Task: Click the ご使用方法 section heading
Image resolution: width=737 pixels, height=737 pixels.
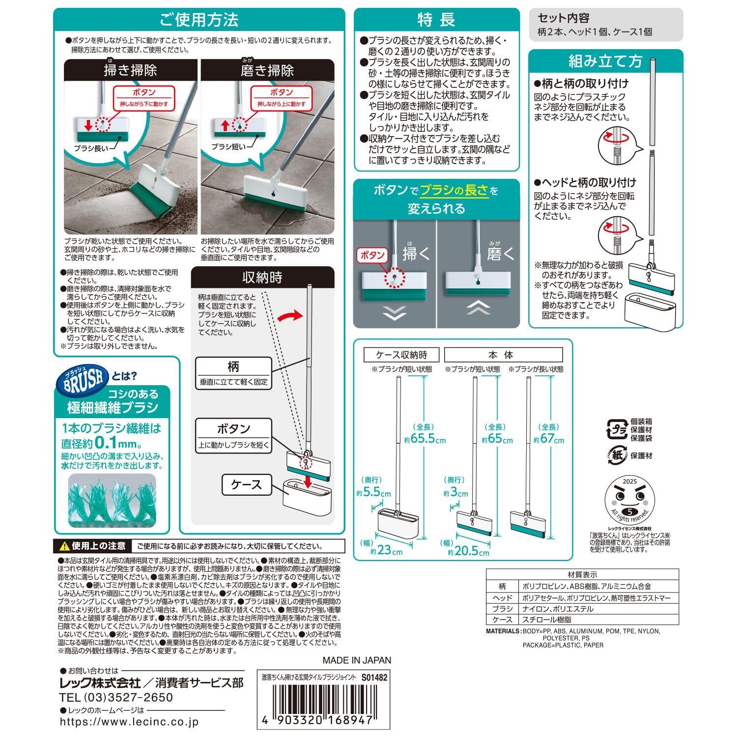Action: point(199,20)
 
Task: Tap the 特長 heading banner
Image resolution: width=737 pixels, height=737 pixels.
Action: point(436,20)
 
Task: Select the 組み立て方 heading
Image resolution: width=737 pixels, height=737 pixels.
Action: point(605,61)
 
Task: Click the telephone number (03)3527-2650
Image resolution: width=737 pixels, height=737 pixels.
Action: point(116,697)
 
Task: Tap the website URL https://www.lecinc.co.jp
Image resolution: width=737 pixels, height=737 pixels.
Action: point(130,723)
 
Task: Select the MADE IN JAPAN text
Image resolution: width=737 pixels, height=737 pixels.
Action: point(357,660)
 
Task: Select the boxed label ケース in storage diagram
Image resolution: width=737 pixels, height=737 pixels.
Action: point(247,484)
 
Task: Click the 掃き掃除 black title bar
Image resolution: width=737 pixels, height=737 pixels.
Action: point(131,70)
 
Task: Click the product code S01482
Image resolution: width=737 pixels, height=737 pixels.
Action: point(374,677)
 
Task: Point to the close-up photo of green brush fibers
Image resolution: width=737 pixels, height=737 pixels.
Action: point(111,501)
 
